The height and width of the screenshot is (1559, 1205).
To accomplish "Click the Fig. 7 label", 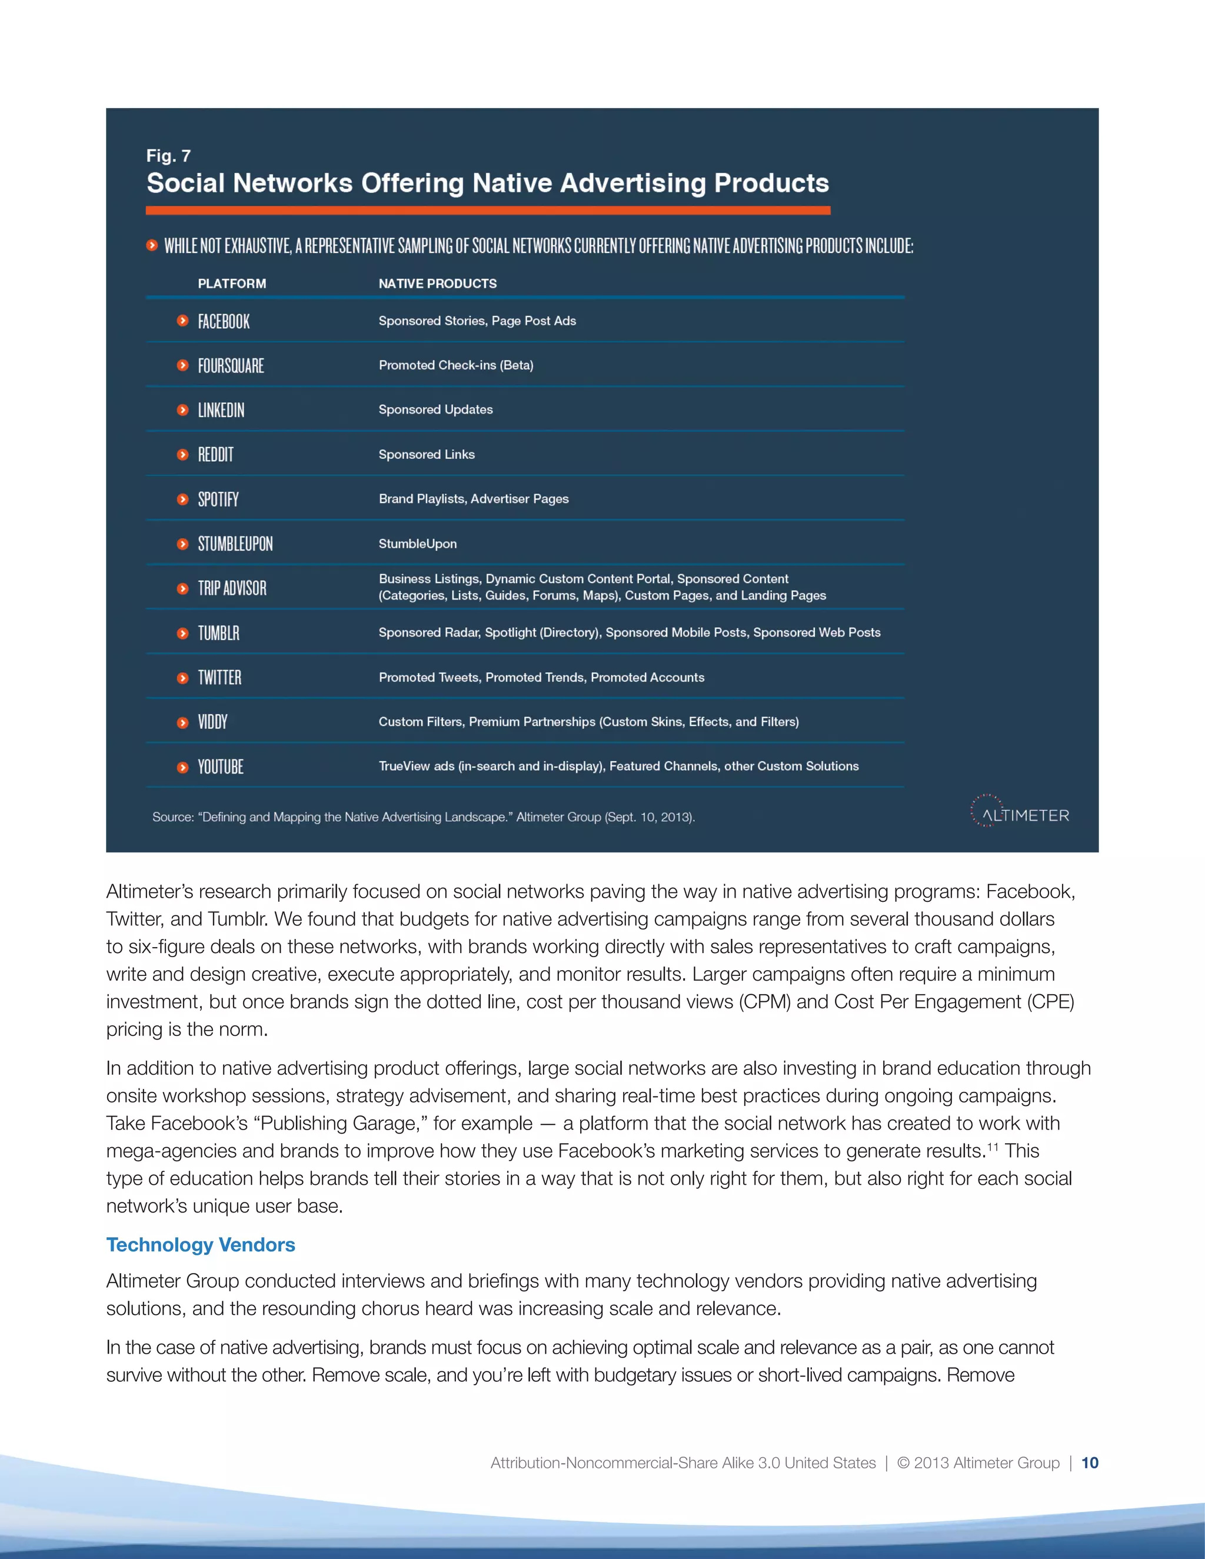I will [x=168, y=156].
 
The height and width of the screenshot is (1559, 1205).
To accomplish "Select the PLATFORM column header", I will [x=232, y=284].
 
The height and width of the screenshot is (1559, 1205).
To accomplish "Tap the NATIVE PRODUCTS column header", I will [x=438, y=284].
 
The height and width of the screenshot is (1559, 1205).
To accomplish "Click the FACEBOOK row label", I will [x=224, y=321].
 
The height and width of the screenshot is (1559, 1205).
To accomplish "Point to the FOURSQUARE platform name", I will [x=231, y=366].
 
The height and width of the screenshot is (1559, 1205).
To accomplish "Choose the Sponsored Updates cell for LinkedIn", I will [x=435, y=409].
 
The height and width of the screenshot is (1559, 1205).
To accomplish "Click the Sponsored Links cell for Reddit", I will [x=426, y=455].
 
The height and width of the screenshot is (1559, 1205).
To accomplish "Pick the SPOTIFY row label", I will [x=218, y=499].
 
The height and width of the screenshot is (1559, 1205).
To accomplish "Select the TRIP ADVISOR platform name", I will [x=232, y=588].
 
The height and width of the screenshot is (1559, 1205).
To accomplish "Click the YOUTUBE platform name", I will [x=220, y=767].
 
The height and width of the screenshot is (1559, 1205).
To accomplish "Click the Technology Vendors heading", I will [x=201, y=1245].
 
